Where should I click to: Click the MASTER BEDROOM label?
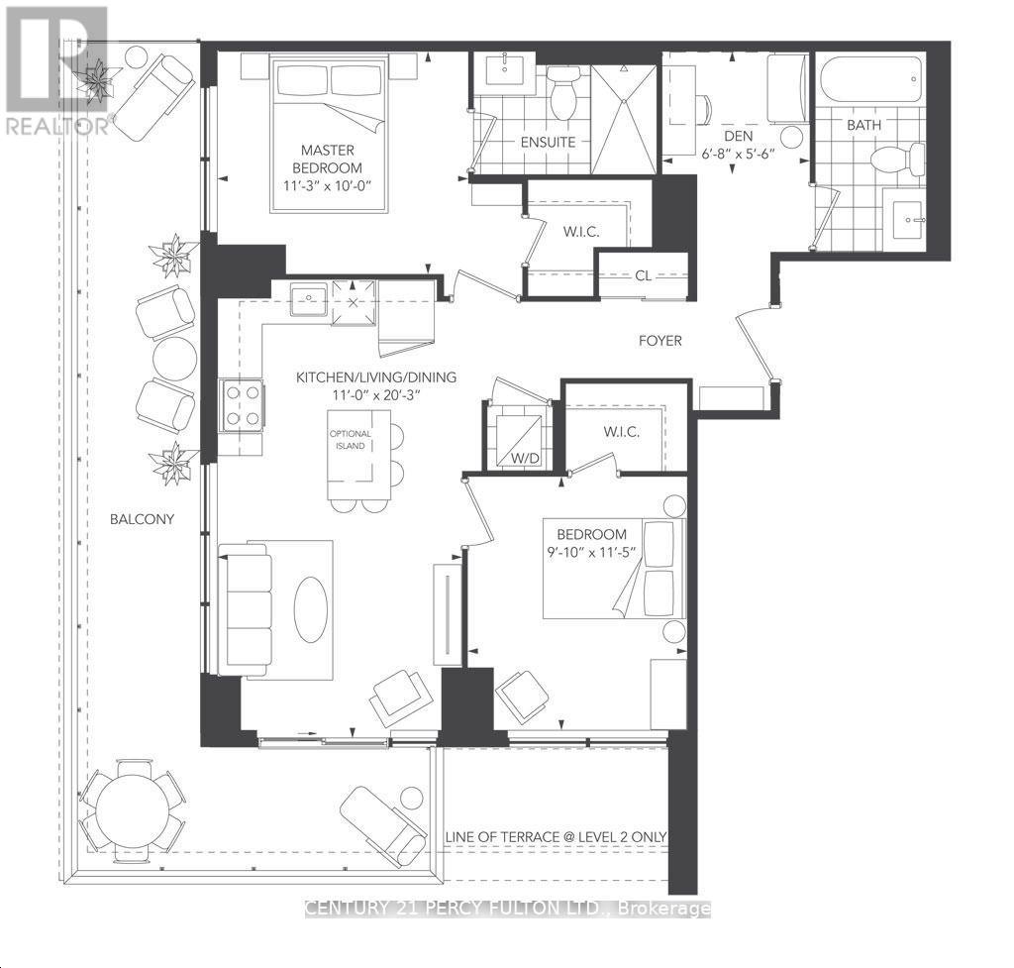332,158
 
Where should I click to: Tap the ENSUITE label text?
548,142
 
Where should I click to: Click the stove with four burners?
243,405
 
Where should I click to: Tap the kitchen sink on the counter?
309,298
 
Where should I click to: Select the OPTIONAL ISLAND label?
352,440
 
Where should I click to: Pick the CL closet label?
643,276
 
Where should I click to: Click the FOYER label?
659,341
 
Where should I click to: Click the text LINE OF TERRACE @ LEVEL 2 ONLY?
557,837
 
